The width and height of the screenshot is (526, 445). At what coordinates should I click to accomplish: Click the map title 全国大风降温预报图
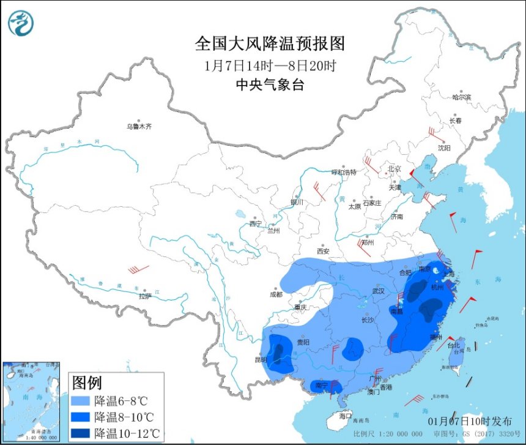(270, 44)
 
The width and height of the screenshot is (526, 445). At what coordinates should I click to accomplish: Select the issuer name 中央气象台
(270, 86)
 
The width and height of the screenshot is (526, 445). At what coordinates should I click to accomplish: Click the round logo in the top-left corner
(21, 23)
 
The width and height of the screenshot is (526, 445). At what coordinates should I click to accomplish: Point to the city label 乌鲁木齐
(139, 127)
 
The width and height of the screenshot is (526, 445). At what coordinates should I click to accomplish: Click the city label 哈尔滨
(462, 97)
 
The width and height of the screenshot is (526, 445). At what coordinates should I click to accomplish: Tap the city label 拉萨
(144, 296)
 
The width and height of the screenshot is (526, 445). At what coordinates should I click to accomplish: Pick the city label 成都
(275, 294)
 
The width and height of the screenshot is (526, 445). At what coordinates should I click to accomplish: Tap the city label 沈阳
(444, 148)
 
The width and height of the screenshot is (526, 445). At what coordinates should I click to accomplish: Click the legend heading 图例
(87, 383)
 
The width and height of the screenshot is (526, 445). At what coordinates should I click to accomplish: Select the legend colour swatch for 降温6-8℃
(80, 401)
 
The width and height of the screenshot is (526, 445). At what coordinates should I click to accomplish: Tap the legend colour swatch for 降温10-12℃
(80, 433)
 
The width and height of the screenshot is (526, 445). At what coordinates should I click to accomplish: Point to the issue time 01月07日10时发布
(470, 421)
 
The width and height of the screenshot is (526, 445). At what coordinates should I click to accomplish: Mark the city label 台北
(453, 345)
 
